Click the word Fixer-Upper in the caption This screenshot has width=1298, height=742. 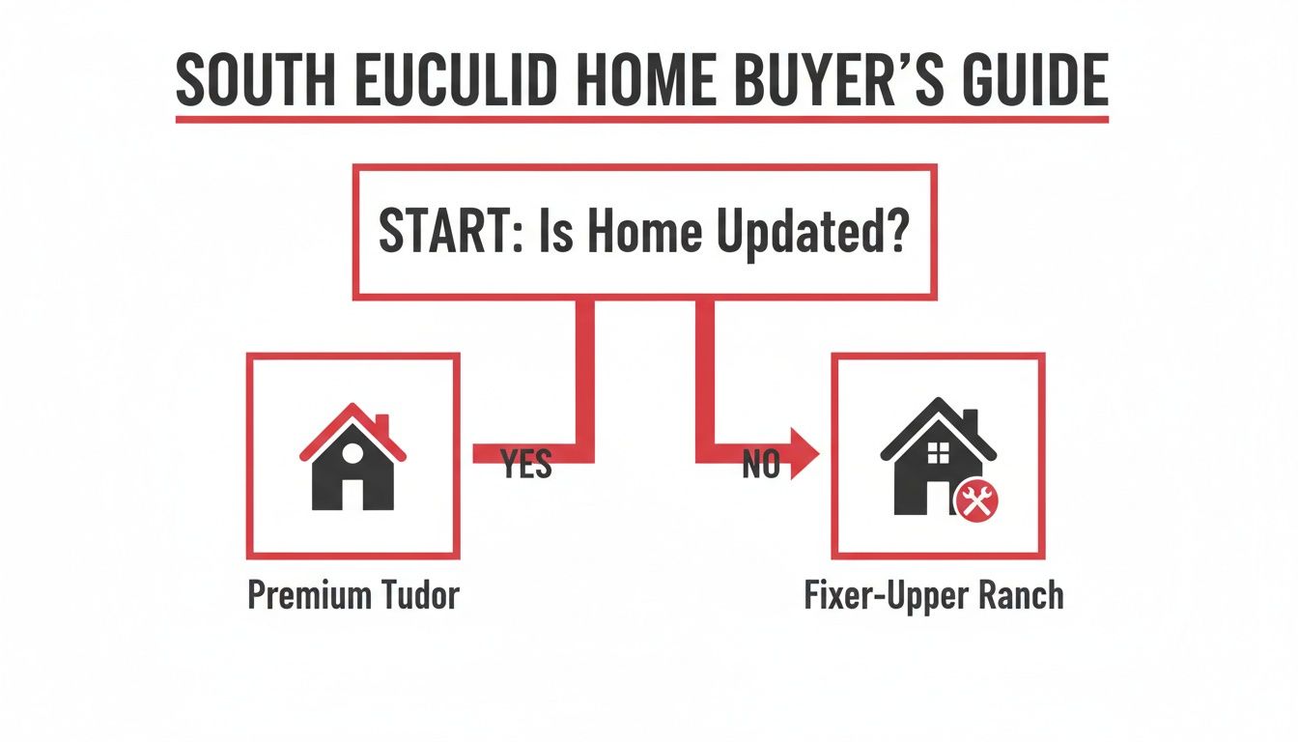click(889, 595)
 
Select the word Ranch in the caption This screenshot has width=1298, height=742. click(1024, 595)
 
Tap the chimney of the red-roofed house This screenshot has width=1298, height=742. click(381, 426)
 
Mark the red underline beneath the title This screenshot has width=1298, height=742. click(641, 119)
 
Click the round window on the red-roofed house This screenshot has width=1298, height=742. click(353, 451)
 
